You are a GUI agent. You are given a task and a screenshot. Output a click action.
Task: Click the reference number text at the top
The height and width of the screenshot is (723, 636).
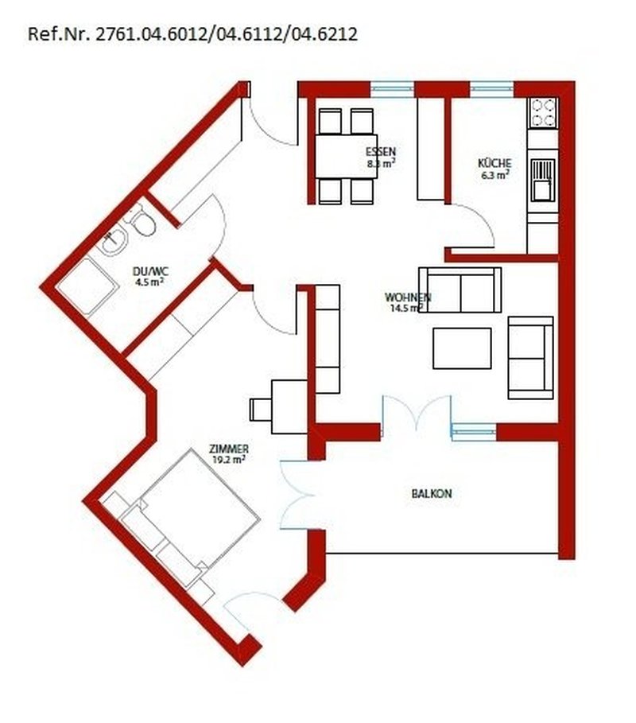[x=192, y=34]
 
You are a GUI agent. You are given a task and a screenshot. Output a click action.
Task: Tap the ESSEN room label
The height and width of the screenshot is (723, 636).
[x=381, y=152]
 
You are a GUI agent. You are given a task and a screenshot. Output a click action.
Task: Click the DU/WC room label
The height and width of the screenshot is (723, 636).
[x=148, y=270]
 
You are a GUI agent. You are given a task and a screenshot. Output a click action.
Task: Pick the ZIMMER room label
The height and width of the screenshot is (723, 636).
[x=229, y=448]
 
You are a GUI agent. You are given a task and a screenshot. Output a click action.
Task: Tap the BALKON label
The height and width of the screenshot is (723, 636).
[x=432, y=494]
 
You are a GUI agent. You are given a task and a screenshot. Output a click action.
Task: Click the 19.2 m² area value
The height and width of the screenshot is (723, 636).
[x=229, y=459]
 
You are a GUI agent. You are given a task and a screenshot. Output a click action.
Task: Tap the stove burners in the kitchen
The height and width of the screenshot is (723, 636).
[x=543, y=113]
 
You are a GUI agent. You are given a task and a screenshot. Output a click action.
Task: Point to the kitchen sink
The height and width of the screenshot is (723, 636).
[x=544, y=177]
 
